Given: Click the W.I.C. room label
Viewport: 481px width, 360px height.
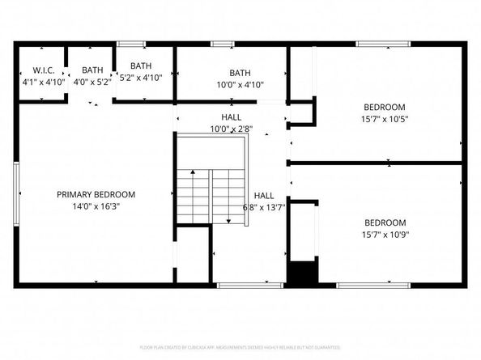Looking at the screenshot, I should (x=36, y=70).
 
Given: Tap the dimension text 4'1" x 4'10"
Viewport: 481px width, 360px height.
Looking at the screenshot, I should (x=36, y=82).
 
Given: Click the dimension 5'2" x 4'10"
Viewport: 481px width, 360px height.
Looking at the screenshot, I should (x=141, y=78).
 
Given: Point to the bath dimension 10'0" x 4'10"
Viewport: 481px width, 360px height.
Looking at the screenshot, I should (x=240, y=84).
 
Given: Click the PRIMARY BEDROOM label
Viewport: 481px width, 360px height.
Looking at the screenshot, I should (x=96, y=194).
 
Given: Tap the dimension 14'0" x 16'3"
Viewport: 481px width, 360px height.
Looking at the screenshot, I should (x=96, y=206).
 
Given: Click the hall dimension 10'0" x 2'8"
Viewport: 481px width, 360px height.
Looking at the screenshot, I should (x=232, y=128).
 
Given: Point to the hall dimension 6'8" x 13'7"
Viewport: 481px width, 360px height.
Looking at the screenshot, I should (x=264, y=207).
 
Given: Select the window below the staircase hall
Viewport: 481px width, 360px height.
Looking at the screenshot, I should (x=239, y=285).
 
